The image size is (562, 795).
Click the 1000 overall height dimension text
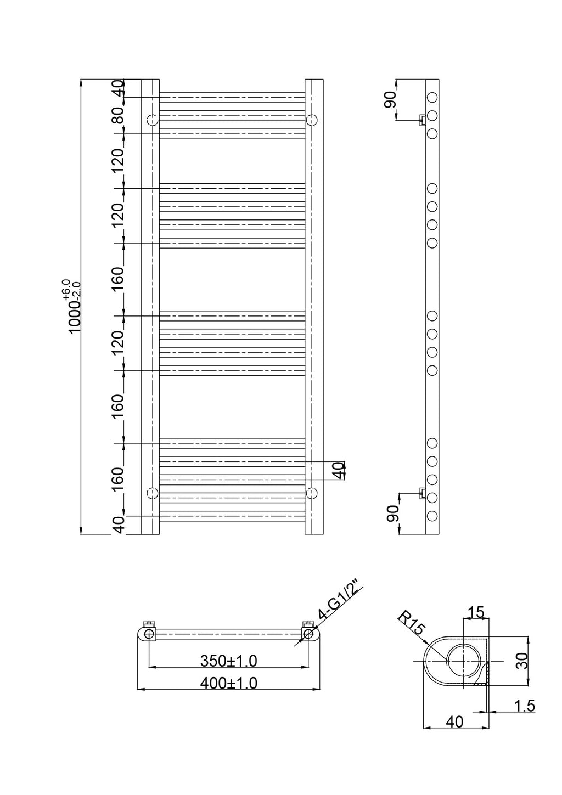point(75,306)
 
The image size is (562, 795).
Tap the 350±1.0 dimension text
point(229,661)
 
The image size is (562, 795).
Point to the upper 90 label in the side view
point(391,99)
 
